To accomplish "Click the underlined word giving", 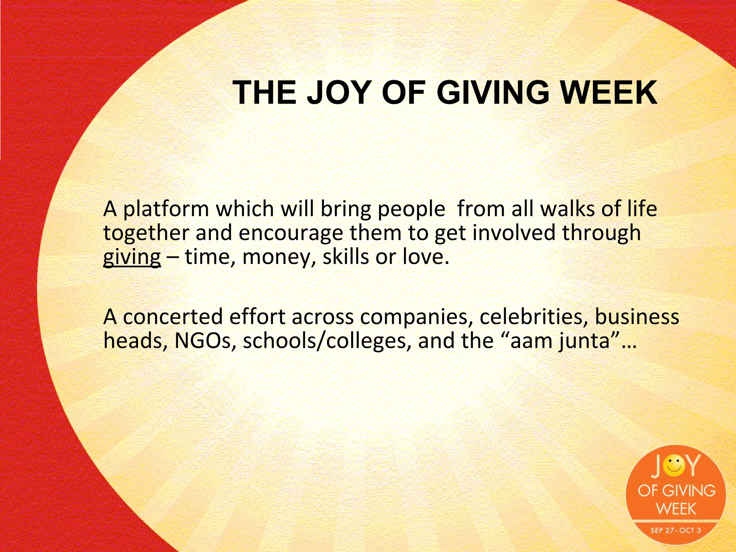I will [132, 257].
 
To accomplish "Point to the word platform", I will [166, 209].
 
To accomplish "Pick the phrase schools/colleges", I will [327, 341].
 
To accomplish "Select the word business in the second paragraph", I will [637, 317].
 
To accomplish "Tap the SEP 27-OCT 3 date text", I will [675, 530].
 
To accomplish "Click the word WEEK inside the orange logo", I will [676, 509].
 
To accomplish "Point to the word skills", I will [345, 257].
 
